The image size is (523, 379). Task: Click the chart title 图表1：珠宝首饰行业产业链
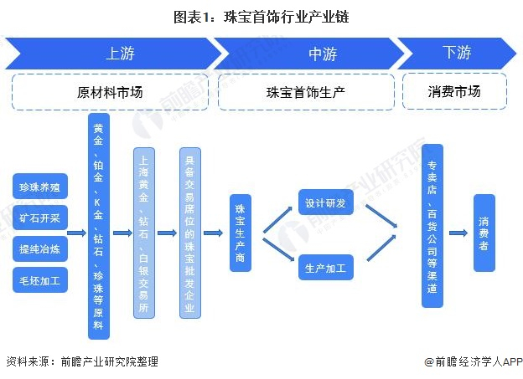tap(261, 15)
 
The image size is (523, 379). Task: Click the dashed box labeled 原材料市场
tap(110, 92)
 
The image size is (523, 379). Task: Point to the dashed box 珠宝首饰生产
tap(308, 92)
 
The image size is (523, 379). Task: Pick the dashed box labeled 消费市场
tap(455, 92)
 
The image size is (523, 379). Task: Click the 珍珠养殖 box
tap(40, 186)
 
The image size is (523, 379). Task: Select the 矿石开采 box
tap(40, 217)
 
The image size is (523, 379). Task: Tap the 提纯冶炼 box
tap(40, 248)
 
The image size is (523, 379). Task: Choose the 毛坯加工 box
tap(40, 280)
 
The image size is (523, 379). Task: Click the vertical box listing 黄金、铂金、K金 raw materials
tap(99, 227)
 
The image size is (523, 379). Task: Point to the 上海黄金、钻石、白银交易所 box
tap(144, 231)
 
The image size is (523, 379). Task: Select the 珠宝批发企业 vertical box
tap(189, 232)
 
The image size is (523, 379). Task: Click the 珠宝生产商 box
tap(241, 232)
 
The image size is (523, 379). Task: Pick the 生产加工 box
tap(327, 269)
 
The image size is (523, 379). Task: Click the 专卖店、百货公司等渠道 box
tap(432, 226)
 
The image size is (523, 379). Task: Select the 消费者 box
tap(484, 233)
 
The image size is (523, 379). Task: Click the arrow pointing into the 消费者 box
tap(458, 233)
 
